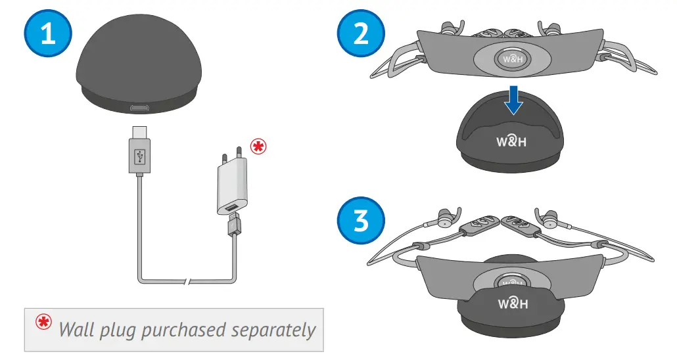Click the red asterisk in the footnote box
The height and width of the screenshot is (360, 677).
(x=43, y=323)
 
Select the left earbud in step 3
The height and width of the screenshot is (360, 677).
(x=447, y=219)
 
